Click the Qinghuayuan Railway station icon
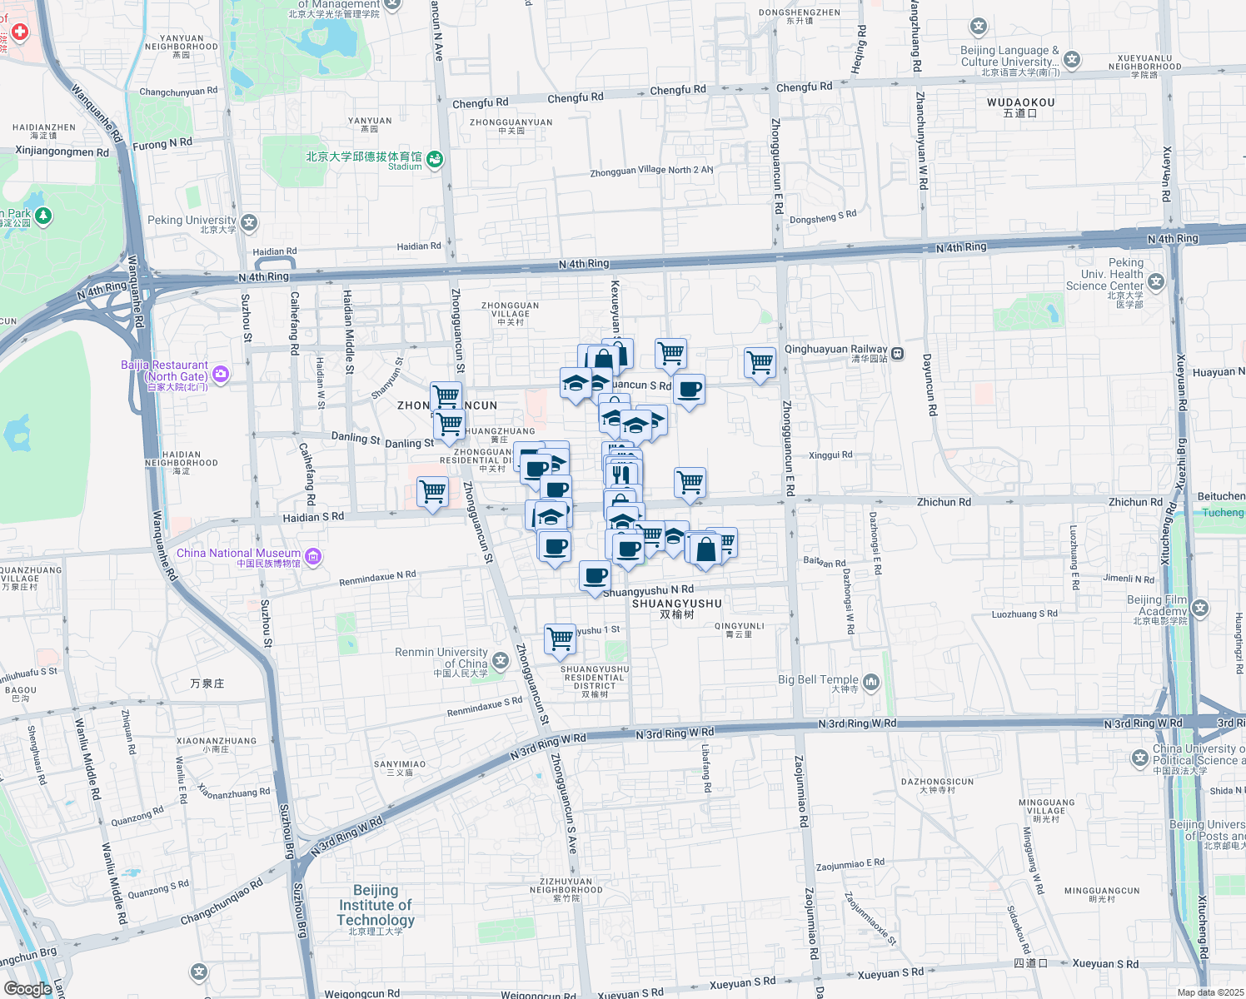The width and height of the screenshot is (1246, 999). tap(897, 354)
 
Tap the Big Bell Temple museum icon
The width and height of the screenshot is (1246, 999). tap(870, 682)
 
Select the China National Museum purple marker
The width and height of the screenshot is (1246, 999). tap(313, 556)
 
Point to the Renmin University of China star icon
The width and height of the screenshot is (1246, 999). tap(500, 661)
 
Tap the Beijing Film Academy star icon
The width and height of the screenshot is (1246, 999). tap(1199, 609)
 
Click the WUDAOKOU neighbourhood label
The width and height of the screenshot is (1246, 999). tap(1020, 103)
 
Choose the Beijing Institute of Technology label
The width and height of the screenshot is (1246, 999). tap(376, 906)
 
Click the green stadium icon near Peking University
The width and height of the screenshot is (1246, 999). tap(434, 159)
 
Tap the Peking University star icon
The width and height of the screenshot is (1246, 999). tap(249, 222)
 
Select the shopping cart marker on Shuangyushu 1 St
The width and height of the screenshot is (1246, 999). tap(561, 639)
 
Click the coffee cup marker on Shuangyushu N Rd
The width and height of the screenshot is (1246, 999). tap(596, 576)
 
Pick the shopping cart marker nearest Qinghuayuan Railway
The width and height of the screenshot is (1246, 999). tap(760, 363)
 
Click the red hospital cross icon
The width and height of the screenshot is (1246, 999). tap(19, 32)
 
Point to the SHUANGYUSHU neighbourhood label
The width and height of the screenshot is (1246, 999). tap(676, 604)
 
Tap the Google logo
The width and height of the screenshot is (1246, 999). tap(27, 989)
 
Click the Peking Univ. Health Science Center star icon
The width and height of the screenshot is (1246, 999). tap(1155, 281)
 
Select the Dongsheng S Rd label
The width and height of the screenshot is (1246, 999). tap(822, 218)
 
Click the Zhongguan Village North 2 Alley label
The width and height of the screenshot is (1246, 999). tap(651, 171)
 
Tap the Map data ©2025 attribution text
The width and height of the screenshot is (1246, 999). tap(1210, 992)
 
